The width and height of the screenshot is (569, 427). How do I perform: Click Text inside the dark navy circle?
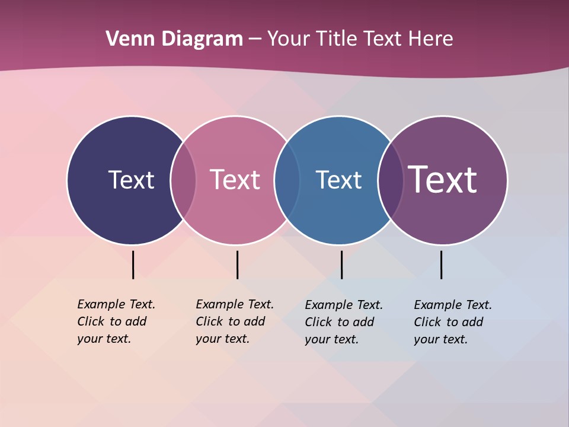click(131, 180)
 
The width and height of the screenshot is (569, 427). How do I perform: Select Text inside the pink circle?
click(235, 180)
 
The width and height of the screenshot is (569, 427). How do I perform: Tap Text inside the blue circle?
click(338, 180)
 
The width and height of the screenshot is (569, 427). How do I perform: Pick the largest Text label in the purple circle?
click(442, 179)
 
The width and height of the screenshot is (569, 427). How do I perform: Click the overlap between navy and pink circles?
click(183, 180)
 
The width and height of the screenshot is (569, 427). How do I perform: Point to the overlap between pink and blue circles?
click(286, 180)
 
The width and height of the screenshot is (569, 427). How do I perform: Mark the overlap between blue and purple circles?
click(390, 180)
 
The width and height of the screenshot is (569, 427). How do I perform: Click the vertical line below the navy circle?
click(133, 265)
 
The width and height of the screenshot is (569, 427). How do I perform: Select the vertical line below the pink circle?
click(237, 265)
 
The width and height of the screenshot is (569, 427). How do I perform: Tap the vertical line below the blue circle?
click(341, 265)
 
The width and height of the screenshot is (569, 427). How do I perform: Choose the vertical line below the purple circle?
click(441, 265)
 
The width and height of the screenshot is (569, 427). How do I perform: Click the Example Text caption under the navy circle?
click(116, 321)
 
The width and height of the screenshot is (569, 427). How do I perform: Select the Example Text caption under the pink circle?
click(234, 321)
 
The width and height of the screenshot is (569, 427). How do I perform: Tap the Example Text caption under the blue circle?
click(343, 322)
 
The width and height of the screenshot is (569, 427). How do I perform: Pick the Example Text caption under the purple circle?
click(452, 322)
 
